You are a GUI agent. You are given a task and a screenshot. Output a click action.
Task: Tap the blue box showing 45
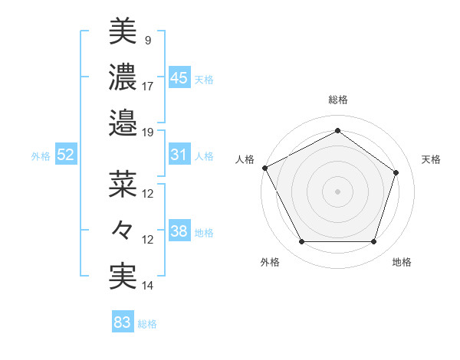click(x=179, y=78)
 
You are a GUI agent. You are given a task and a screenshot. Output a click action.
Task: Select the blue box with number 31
click(x=179, y=155)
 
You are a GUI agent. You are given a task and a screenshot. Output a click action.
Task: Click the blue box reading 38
click(x=179, y=231)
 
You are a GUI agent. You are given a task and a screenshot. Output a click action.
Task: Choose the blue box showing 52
click(x=66, y=155)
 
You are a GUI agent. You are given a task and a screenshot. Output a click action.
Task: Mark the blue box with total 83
click(x=123, y=322)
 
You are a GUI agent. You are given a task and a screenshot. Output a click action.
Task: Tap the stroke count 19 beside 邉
click(x=148, y=133)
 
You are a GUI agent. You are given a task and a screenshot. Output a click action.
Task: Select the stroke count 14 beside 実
click(x=148, y=286)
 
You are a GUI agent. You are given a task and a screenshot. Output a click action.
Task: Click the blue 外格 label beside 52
click(x=41, y=155)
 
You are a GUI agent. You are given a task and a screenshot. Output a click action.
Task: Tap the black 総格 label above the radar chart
click(x=338, y=100)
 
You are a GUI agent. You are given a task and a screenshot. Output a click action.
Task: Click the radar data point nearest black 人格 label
click(x=264, y=167)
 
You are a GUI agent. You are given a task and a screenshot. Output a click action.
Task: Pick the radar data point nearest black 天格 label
click(x=396, y=172)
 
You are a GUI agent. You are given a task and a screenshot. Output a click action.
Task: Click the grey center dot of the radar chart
click(x=338, y=191)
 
